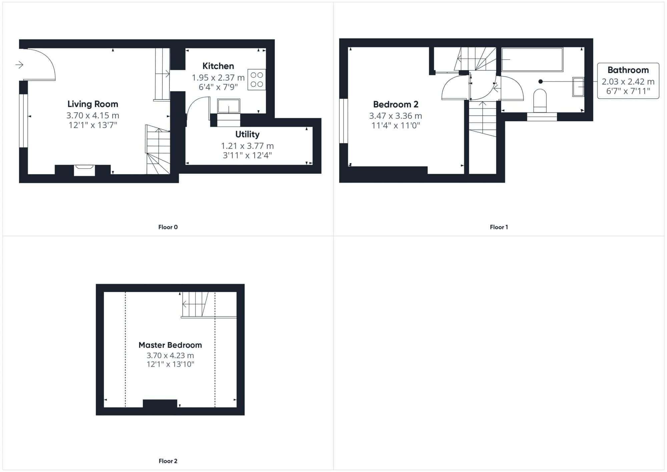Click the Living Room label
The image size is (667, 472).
93,104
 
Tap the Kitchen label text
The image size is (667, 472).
218,66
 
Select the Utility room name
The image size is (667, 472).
247,134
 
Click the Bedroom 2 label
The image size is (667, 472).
396,104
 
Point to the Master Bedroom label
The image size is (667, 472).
170,345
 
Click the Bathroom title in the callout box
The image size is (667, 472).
628,70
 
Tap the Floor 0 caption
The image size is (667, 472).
168,227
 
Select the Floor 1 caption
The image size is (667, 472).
499,227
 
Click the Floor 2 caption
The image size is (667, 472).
168,461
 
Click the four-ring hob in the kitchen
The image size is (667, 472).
257,79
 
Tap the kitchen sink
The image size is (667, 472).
228,106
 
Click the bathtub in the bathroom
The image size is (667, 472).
532,60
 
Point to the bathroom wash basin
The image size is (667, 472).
578,87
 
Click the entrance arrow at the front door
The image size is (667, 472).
19,65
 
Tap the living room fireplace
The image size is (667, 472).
84,170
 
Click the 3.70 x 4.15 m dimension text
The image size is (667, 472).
93,116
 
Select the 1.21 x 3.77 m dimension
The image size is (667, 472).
247,146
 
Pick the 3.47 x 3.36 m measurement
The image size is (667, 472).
396,116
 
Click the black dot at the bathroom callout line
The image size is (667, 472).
541,81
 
